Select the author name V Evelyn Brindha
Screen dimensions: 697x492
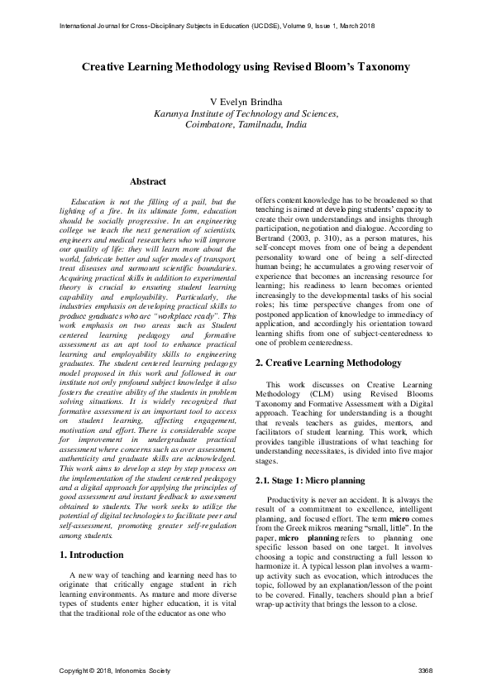click(x=246, y=102)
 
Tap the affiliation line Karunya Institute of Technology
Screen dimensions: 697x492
click(x=246, y=113)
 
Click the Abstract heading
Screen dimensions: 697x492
click(x=148, y=181)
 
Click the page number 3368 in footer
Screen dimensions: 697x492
click(x=424, y=669)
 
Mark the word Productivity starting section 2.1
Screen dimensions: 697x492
click(x=289, y=476)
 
